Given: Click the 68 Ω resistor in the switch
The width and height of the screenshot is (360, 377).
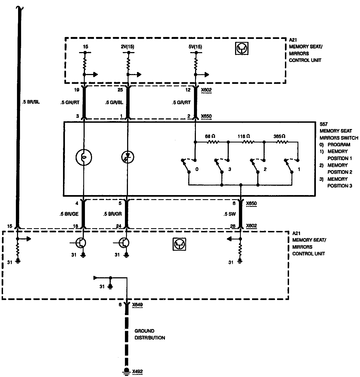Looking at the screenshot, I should point(213,142).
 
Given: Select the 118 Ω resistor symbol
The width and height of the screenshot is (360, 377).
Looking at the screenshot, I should point(248,142).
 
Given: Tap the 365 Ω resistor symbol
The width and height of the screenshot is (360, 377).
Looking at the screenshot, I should point(282,142).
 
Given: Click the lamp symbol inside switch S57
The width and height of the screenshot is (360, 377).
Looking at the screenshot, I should point(84,157).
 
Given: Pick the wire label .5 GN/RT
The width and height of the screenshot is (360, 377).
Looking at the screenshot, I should point(70,103).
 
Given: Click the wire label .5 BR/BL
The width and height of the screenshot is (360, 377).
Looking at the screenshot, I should point(31,102).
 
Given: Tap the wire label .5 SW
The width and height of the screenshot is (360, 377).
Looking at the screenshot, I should point(230,214).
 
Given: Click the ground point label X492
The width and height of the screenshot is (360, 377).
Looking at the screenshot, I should point(137,372).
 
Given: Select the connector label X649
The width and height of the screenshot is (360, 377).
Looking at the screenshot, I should point(137,304).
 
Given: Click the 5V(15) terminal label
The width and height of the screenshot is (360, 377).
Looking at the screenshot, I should point(196,47).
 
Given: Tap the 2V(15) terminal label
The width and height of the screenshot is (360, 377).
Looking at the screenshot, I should point(128,47).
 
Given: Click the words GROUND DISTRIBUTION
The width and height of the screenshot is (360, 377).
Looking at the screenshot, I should point(150,334).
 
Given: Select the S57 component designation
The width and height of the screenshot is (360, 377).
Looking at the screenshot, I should point(323,124).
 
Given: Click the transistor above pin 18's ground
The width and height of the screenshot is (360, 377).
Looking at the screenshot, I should point(81,243).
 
